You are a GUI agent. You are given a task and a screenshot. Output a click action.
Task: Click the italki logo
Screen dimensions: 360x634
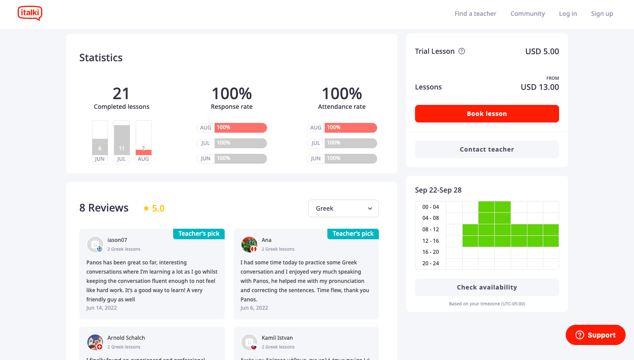[30, 13]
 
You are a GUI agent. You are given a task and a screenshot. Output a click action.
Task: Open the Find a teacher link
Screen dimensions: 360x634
[475, 14]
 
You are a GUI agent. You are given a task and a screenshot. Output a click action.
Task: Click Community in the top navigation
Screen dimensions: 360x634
[527, 14]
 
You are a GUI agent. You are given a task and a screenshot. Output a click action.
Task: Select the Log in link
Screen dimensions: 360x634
[567, 14]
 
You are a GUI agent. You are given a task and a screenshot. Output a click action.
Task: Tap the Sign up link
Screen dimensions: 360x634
[602, 14]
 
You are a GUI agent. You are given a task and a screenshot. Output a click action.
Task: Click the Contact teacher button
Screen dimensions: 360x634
[487, 149]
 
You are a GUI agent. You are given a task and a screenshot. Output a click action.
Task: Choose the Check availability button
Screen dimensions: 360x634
[487, 287]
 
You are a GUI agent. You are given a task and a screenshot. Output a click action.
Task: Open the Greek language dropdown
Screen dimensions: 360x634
[343, 208]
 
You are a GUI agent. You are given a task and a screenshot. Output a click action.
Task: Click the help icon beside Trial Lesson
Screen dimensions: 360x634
[462, 51]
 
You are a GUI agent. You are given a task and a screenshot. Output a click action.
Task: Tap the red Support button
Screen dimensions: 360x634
[595, 335]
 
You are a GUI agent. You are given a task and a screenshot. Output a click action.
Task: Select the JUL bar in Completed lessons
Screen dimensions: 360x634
[122, 140]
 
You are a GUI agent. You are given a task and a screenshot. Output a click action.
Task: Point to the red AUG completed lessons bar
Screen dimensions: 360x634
[144, 152]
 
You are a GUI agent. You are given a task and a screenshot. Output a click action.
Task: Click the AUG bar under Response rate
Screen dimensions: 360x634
[241, 128]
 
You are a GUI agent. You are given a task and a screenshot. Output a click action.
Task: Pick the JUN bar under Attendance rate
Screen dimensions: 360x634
[351, 159]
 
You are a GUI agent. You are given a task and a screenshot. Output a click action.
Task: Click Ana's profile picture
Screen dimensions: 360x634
[249, 244]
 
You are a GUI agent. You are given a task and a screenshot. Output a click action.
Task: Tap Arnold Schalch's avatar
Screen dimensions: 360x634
[95, 342]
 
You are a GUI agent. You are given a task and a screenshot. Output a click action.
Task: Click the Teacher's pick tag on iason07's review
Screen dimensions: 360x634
[199, 234]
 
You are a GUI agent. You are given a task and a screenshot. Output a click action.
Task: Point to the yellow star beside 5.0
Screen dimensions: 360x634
[146, 208]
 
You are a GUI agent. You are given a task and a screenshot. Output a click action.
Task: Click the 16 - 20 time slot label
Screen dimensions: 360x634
[430, 252]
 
